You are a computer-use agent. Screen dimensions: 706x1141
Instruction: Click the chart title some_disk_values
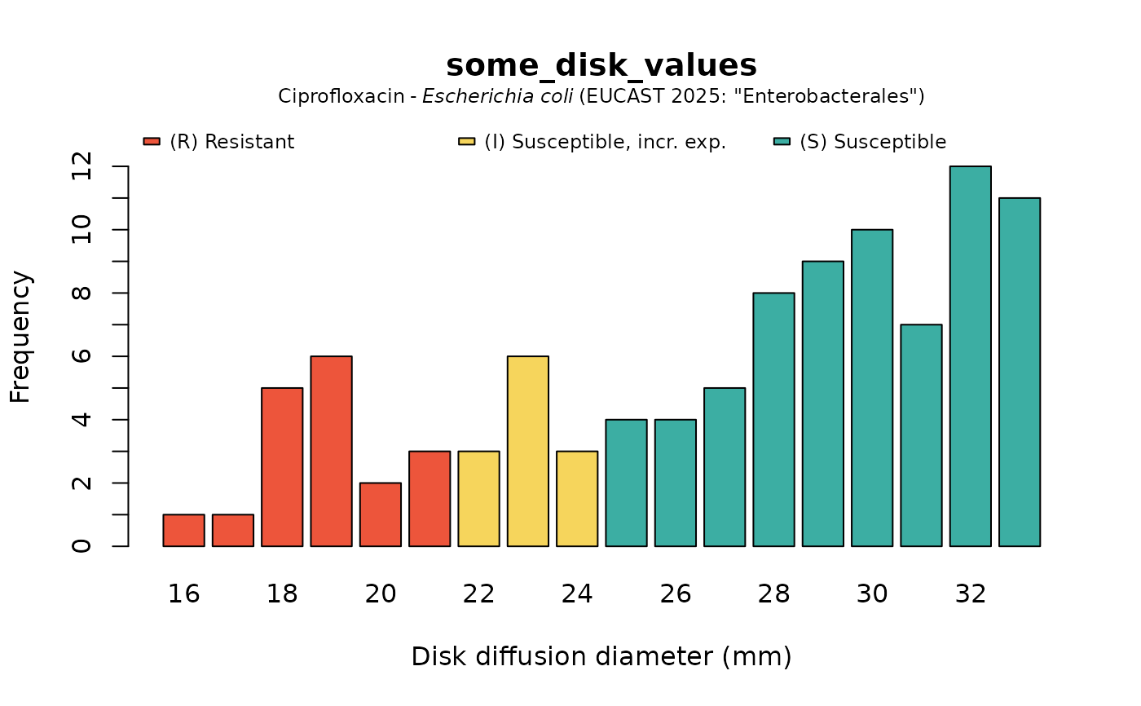click(601, 65)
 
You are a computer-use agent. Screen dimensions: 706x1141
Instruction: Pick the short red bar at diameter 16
click(183, 530)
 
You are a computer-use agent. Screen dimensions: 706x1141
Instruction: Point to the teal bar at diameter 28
click(773, 419)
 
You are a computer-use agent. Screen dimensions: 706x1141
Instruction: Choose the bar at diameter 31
click(921, 435)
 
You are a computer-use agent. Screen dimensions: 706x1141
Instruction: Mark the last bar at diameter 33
click(1020, 372)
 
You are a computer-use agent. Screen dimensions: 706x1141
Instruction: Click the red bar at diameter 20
click(381, 514)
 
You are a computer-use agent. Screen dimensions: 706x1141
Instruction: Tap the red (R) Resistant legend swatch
click(152, 142)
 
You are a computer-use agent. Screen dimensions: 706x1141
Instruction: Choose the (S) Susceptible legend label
click(873, 142)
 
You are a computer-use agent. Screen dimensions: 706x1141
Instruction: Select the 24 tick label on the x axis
click(577, 593)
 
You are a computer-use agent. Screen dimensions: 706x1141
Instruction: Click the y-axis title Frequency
click(20, 337)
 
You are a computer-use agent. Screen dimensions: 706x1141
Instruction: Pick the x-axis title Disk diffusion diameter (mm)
click(601, 656)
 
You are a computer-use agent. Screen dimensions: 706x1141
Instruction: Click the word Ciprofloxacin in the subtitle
click(341, 96)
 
